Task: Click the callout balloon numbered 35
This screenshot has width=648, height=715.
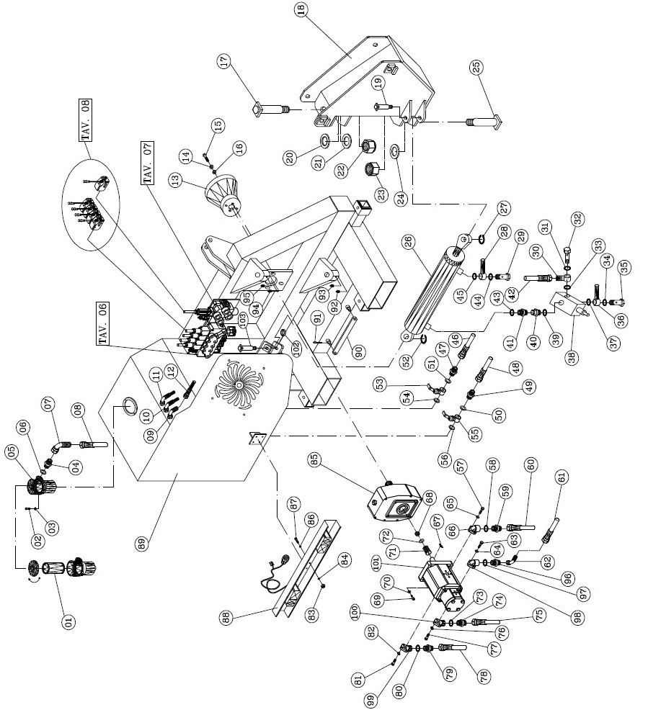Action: [623, 268]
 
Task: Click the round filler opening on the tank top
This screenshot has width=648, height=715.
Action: [128, 405]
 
